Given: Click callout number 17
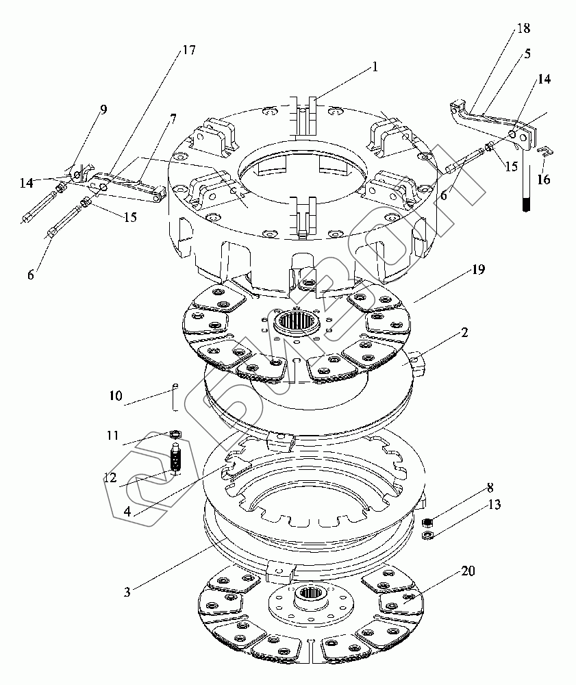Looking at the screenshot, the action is (188, 50).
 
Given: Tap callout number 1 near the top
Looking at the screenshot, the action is (375, 66).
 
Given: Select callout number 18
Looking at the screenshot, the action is (523, 28).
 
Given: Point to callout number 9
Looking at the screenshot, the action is (103, 109).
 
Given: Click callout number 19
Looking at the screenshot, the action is (478, 269).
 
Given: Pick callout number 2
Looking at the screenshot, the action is (464, 332).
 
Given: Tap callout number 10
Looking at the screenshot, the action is (116, 395).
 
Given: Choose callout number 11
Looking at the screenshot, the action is (113, 435).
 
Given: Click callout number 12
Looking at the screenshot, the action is (110, 477).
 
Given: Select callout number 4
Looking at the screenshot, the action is (127, 511).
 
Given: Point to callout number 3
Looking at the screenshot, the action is (127, 592).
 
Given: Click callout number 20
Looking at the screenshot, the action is (468, 571).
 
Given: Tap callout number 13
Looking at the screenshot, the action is (494, 505).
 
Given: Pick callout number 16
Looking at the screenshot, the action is (543, 179).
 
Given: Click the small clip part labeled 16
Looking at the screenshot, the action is (545, 151).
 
